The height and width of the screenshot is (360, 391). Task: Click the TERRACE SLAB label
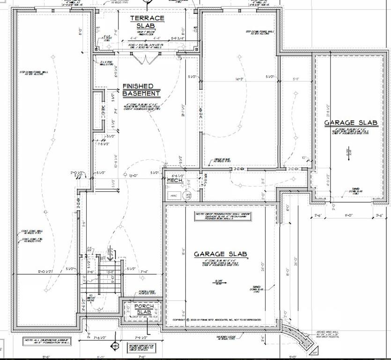(x=147, y=22)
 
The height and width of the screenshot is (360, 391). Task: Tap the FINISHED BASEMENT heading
(x=141, y=90)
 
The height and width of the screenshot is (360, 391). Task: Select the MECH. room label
(x=174, y=180)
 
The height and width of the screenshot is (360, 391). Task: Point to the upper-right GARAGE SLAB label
(x=351, y=123)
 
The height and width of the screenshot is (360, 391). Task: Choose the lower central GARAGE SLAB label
(x=221, y=254)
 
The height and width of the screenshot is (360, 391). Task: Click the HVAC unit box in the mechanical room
(x=172, y=195)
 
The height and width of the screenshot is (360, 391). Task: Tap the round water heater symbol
(x=188, y=195)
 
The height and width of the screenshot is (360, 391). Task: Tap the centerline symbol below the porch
(x=113, y=346)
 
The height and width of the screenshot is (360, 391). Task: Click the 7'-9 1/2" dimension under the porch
(x=141, y=337)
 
